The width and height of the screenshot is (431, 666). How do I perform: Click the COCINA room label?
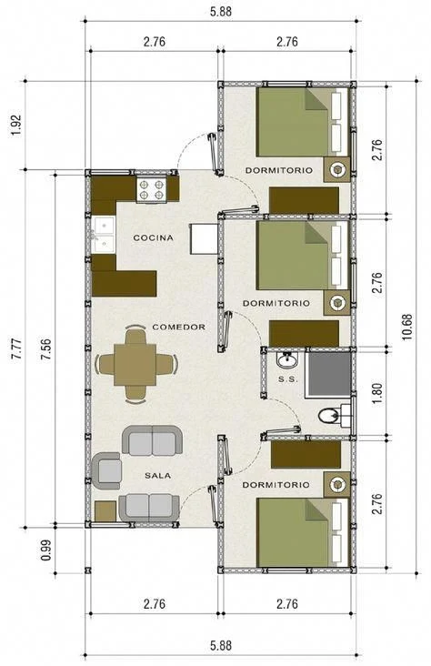154,237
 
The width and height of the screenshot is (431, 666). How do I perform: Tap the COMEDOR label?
179,327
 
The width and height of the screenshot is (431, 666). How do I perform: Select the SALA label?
158,476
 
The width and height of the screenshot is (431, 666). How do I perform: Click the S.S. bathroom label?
288,379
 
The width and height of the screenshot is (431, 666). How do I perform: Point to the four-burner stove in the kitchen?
152,190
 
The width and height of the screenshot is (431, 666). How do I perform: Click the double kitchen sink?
103,236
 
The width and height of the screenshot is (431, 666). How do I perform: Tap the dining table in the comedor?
135,365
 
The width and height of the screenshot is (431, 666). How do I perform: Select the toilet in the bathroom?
335,416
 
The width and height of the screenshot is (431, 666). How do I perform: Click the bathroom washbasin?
287,361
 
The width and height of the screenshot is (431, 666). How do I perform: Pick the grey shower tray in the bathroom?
328,374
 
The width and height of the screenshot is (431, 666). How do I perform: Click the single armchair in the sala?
106,470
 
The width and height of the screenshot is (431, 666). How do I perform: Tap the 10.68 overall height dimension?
406,327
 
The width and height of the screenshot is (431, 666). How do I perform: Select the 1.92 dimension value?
15,126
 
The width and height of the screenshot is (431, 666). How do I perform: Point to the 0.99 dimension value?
45,550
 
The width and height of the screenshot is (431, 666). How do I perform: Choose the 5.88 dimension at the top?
221,12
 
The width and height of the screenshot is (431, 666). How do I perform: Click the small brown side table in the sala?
105,511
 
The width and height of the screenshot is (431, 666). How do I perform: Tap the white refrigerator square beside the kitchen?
205,239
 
